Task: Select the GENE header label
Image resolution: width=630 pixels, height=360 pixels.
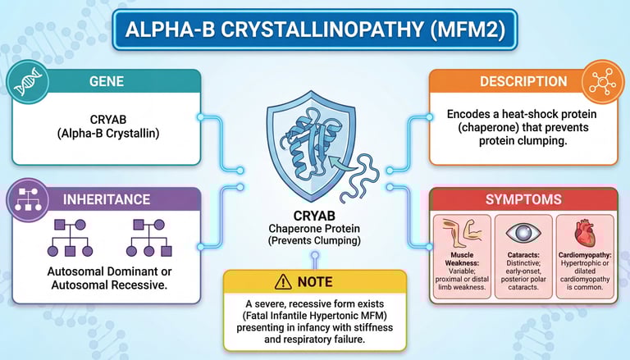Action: pos(107,82)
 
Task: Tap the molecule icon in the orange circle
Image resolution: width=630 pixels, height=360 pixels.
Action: pos(604,82)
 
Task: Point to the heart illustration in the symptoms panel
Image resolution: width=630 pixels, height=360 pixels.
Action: pos(584,234)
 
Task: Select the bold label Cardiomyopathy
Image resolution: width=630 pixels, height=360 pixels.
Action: pos(585,258)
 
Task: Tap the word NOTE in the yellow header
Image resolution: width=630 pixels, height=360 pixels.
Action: pos(316,282)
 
